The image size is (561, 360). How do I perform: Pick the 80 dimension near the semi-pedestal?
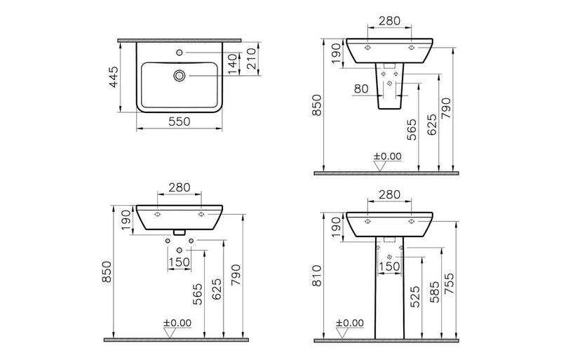click(x=361, y=89)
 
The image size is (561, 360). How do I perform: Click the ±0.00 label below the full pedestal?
click(x=351, y=324)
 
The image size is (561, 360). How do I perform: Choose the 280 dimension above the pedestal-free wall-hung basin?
click(x=180, y=188)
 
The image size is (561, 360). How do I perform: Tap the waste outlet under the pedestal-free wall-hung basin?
click(x=180, y=231)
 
